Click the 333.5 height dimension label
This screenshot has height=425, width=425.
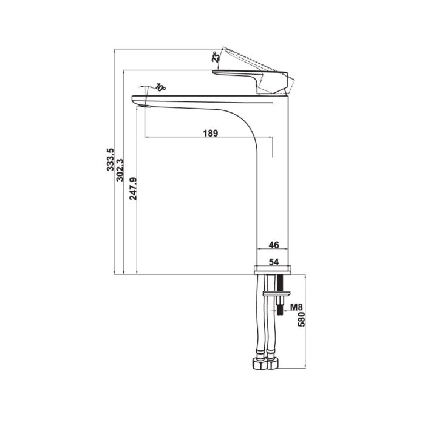point(110,163)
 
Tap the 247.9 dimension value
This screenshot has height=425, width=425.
point(133,188)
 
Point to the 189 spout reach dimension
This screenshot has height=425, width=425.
point(209,133)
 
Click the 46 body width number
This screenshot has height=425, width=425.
point(273,245)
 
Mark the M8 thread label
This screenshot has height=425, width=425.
point(296,308)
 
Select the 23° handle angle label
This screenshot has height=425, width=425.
point(215,58)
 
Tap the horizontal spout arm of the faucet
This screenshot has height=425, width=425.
point(194,101)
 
